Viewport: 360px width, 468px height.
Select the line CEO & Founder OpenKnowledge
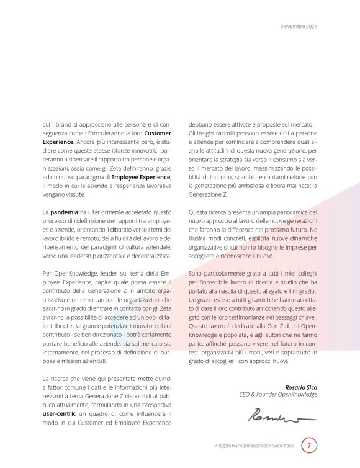(278, 395)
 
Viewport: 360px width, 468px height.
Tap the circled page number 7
(308, 446)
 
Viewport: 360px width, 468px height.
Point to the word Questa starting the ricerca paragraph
(199, 212)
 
